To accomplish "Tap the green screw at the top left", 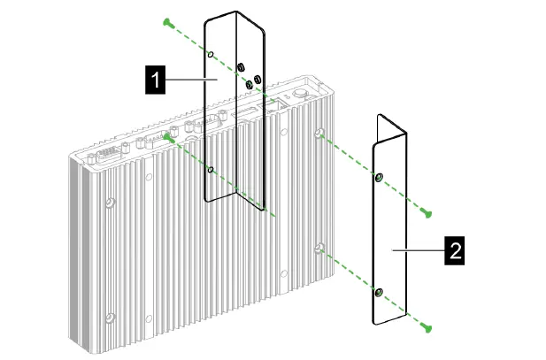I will pos(165,19).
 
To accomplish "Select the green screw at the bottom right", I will pos(429,328).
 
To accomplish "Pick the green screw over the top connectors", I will pos(166,135).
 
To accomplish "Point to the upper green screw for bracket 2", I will pos(428,212).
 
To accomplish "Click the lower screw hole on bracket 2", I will pos(379,291).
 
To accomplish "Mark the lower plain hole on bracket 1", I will pos(210,168).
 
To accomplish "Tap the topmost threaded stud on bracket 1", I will pos(240,67).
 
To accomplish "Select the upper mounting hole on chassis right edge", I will pos(319,134).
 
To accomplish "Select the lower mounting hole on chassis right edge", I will pos(319,249).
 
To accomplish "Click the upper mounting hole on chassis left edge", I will pos(109,203).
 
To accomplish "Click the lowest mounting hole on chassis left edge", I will pos(109,317).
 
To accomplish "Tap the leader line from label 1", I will pos(190,80).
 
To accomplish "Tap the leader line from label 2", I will pos(419,250).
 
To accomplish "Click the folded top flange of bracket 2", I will pos(390,130).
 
